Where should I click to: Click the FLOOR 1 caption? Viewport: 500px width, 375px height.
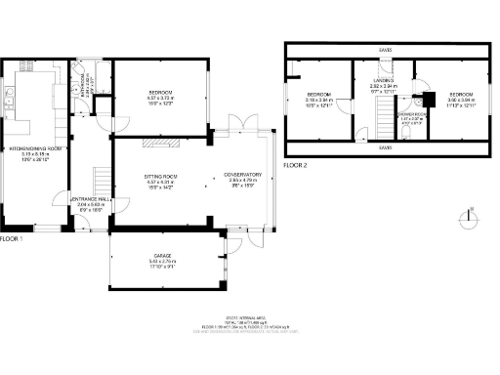(11, 238)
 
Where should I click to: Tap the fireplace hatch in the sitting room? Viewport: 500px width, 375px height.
(157, 143)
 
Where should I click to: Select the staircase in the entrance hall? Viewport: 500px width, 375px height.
(100, 179)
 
